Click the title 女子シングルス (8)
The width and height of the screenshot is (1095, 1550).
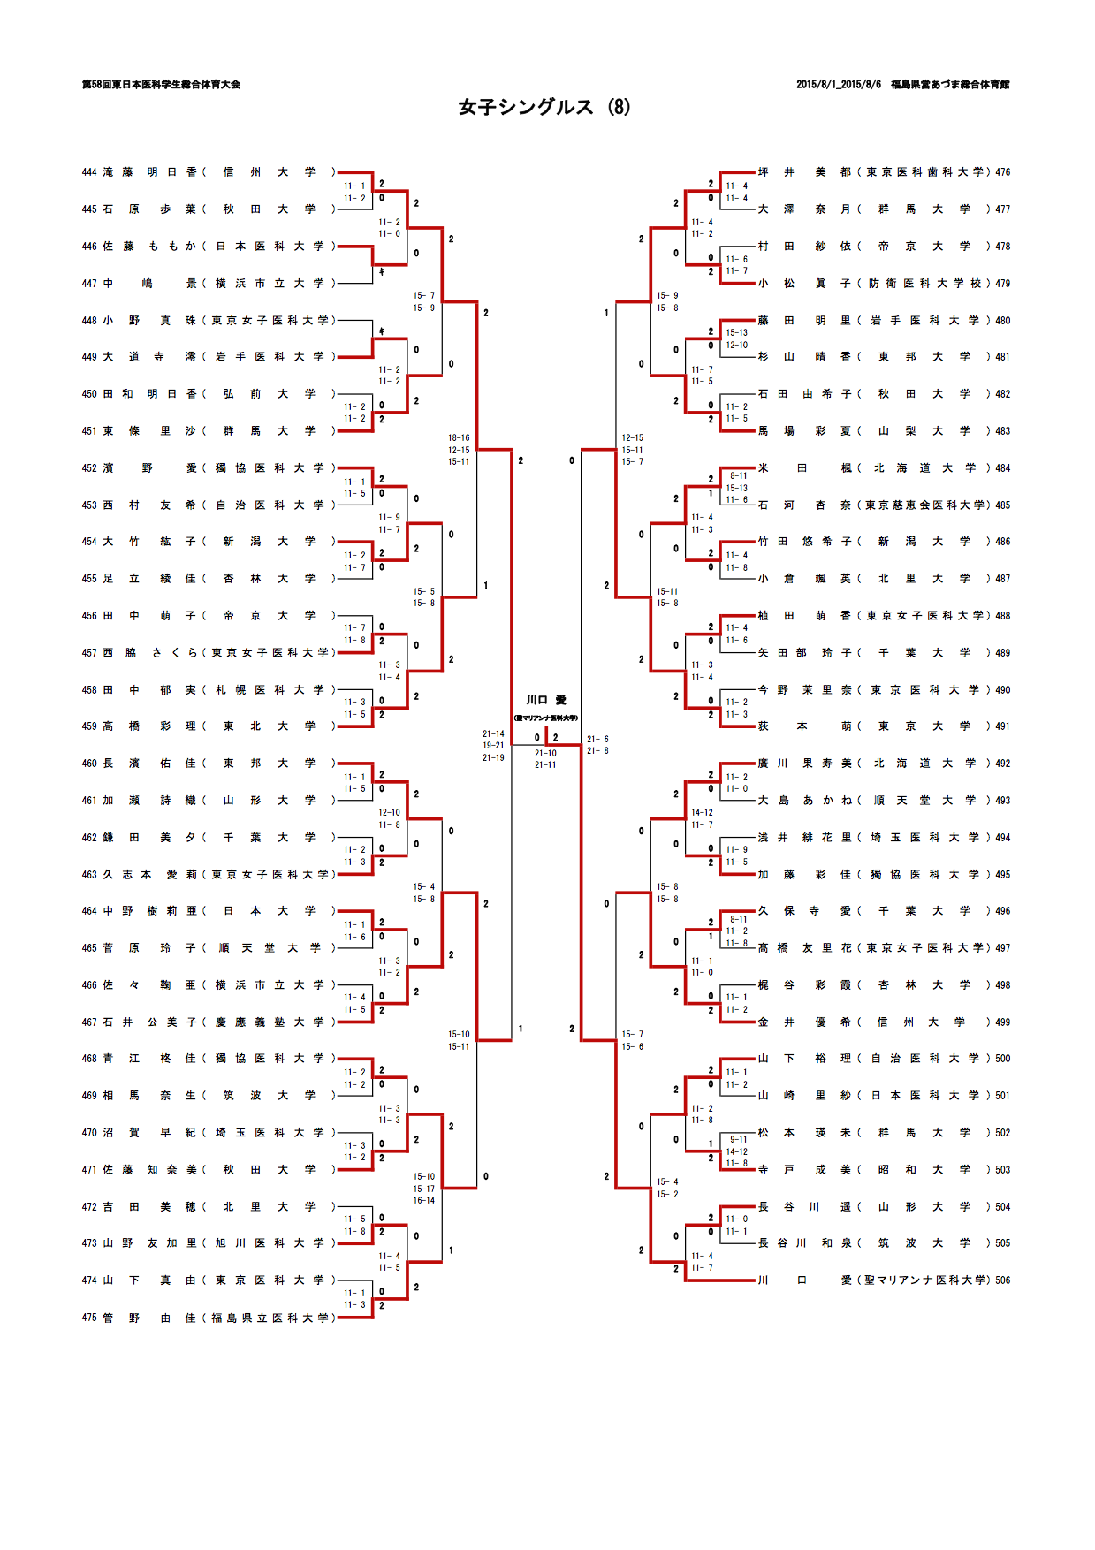point(544,107)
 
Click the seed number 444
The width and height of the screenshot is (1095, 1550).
point(88,172)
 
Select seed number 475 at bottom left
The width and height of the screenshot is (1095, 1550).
point(88,1318)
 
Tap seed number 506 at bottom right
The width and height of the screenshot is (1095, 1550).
point(1002,1280)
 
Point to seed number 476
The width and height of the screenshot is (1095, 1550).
point(1002,172)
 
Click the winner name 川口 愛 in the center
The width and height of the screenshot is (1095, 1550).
point(546,700)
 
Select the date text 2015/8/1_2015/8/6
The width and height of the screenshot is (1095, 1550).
point(838,85)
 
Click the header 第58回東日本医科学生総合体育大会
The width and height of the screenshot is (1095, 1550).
point(161,85)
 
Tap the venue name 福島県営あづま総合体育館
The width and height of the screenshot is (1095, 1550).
point(950,85)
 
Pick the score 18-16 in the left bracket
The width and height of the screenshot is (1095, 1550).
point(459,437)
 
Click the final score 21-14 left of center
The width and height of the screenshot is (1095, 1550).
point(493,733)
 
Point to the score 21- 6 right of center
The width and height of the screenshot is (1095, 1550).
point(597,739)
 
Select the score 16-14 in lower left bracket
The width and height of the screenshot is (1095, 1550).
point(424,1200)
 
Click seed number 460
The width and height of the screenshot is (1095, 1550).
point(88,764)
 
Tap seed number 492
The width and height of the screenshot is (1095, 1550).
point(1002,764)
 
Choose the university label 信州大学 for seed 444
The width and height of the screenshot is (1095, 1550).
point(269,172)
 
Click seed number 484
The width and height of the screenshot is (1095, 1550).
point(1002,468)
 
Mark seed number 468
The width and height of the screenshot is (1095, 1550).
point(88,1059)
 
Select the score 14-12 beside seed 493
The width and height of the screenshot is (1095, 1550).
point(702,812)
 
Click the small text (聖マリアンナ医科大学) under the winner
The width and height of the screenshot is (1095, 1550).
point(546,718)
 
